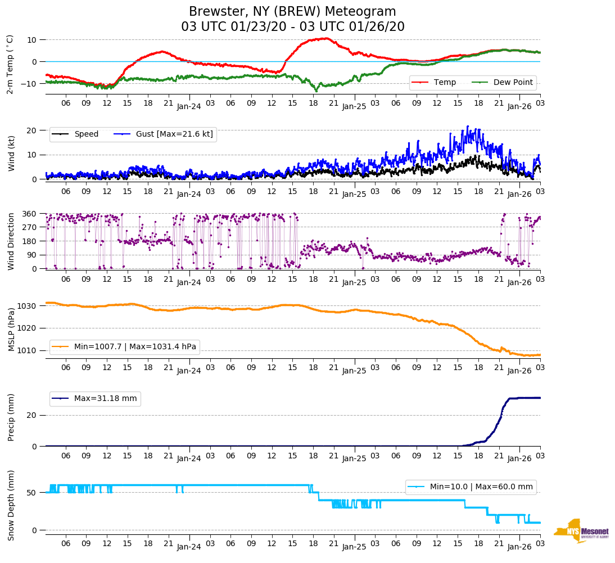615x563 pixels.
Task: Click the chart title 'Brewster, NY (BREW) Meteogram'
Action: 292,12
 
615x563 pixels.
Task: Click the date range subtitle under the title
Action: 292,27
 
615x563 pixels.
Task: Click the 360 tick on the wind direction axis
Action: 30,214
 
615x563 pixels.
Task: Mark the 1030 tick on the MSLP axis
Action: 28,306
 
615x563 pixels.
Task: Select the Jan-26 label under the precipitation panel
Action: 519,458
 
